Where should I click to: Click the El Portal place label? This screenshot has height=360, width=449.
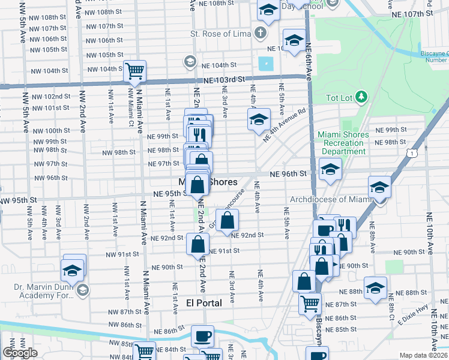(205, 303)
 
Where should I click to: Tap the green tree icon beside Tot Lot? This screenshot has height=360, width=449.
(361, 97)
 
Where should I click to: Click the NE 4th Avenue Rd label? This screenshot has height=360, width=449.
(285, 124)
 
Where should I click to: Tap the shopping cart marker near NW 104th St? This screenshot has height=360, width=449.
(135, 71)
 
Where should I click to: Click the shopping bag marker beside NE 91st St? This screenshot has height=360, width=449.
(197, 244)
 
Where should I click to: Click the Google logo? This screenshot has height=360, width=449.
(20, 353)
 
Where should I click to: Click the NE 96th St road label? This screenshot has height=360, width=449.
(288, 174)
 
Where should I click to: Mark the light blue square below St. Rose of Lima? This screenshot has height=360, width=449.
(265, 63)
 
